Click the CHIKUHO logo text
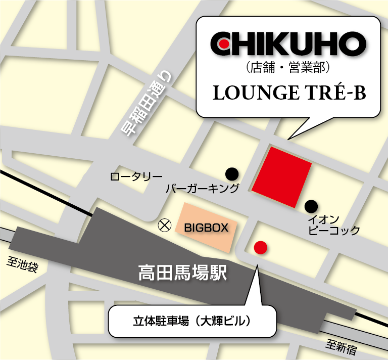pos(287,45)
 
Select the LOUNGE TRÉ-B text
pos(288,93)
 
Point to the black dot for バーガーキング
pos(232,173)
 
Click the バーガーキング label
pos(202,189)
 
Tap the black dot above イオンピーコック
pos(311,206)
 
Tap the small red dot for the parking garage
pos(260,247)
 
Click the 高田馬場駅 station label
pos(183,274)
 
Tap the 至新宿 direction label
pos(342,346)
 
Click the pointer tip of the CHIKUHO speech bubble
pos(288,139)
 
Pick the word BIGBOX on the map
pos(206,227)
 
